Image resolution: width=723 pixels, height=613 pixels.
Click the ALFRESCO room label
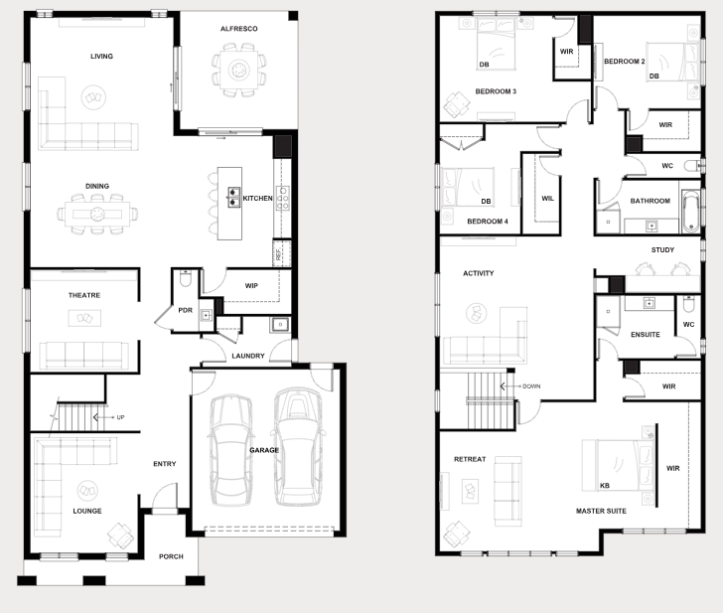click(x=238, y=29)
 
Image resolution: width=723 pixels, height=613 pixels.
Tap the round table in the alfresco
click(x=238, y=71)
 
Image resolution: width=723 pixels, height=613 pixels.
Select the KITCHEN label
click(x=257, y=199)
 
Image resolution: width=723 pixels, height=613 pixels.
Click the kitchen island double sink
click(x=233, y=197)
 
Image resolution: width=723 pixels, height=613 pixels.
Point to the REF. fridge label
click(x=278, y=254)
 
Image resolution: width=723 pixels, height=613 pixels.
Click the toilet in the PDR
click(x=186, y=278)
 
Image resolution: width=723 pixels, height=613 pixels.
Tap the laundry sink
click(x=280, y=325)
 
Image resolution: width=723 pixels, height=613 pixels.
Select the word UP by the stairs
click(x=120, y=417)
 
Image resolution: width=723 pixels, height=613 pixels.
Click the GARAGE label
click(x=264, y=450)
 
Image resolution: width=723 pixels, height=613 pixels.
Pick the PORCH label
click(x=171, y=556)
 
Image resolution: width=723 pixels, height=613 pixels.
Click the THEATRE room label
click(x=84, y=295)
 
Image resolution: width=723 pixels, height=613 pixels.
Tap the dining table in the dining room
click(x=97, y=214)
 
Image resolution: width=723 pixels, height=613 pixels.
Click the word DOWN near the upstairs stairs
click(x=531, y=386)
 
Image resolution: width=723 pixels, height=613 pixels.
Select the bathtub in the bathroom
click(x=690, y=212)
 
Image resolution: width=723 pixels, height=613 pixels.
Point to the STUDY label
click(x=662, y=250)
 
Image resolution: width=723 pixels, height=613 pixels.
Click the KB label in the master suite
click(x=605, y=485)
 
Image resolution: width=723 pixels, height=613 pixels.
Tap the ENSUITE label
click(x=646, y=335)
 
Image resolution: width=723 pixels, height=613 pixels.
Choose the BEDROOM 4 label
click(x=488, y=222)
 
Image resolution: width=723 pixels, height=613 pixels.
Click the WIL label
click(x=548, y=199)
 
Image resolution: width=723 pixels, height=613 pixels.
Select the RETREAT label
click(x=470, y=459)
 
